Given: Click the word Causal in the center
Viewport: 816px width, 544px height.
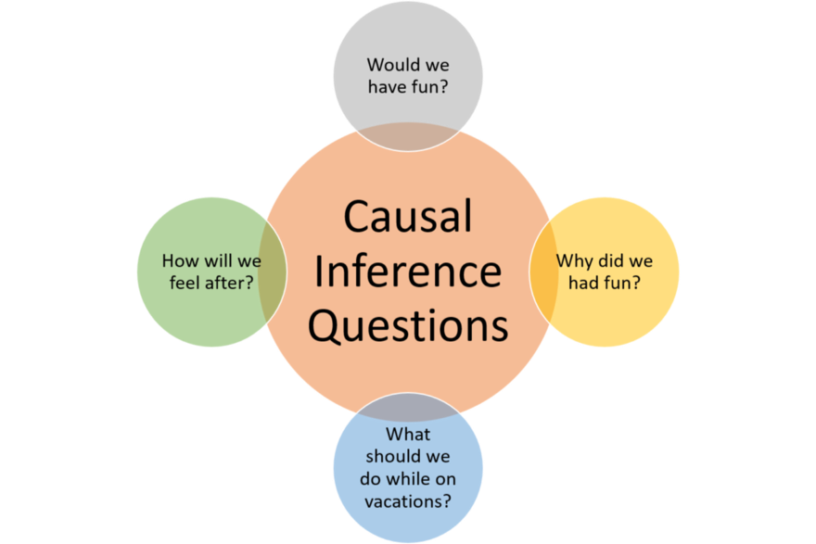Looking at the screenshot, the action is click(408, 216).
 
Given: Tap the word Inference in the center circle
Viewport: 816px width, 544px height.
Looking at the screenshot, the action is click(408, 271).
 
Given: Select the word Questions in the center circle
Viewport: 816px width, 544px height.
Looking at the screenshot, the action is click(408, 326).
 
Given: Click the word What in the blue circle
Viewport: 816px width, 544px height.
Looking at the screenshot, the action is click(408, 435).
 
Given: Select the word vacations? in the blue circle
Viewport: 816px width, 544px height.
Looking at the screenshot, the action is click(408, 501).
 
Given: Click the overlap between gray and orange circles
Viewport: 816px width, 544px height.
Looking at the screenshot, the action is click(408, 137).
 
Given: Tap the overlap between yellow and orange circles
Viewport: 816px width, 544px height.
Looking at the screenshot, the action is click(543, 272).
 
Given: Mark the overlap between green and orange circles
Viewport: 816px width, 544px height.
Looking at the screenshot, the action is click(273, 272).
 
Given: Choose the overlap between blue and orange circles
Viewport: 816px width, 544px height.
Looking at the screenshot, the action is click(408, 407).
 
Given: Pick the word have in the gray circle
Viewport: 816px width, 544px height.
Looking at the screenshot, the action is click(388, 87).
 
